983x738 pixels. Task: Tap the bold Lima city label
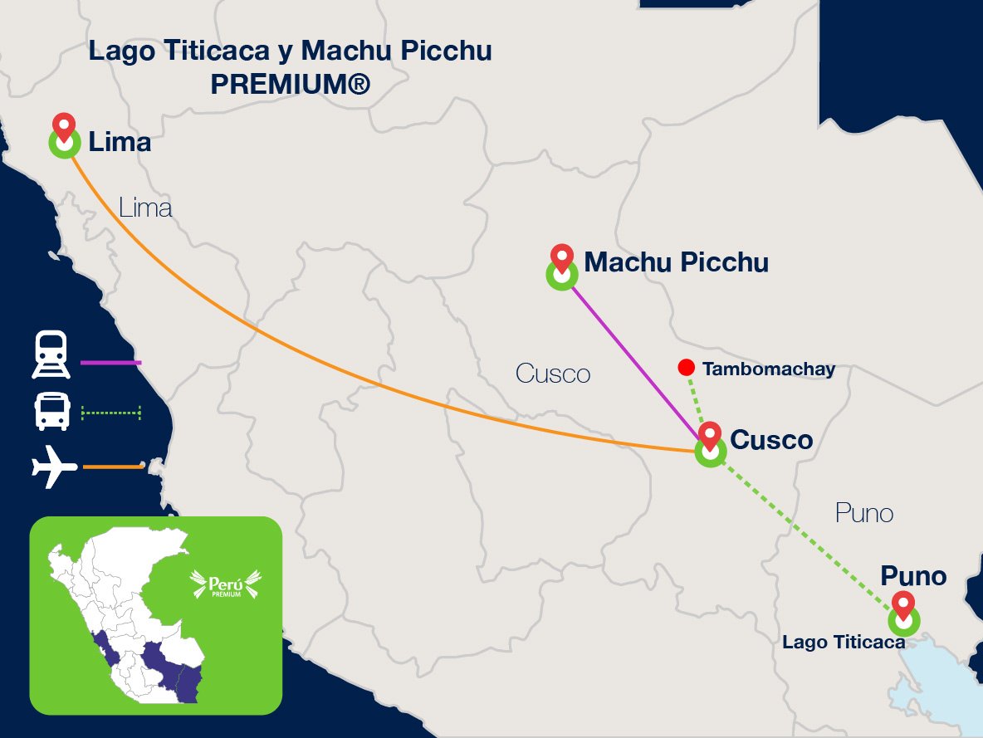pos(120,143)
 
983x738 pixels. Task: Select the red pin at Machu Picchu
pos(562,258)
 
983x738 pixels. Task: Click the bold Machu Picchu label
pos(676,262)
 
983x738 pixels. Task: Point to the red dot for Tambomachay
pos(686,367)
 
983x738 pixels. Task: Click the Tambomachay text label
pos(768,369)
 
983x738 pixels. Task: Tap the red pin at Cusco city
pos(710,435)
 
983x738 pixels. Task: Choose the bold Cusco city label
pos(770,439)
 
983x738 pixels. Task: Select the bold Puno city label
pos(913,575)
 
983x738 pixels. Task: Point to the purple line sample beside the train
pos(111,363)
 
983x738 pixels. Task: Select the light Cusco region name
pos(553,374)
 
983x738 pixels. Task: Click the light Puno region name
pos(864,513)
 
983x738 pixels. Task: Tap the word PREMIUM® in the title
pos(290,84)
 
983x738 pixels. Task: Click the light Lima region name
pos(145,207)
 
